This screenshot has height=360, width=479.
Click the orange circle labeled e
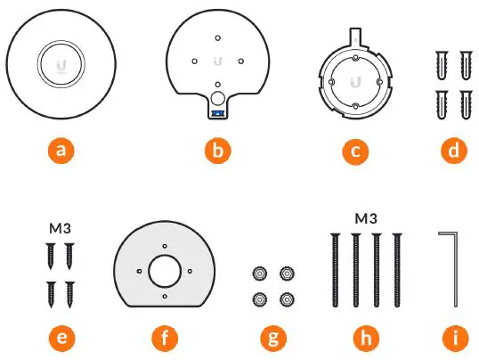point(61,339)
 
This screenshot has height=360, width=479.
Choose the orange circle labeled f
point(166,339)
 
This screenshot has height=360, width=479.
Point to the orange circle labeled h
point(366,339)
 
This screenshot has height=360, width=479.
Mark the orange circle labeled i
point(454,339)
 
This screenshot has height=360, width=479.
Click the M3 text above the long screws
point(366,217)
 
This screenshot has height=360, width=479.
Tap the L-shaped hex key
point(454,267)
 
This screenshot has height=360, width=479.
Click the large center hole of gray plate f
point(166,268)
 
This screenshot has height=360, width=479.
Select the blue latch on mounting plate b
point(217,113)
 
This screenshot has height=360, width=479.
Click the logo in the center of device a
point(61,64)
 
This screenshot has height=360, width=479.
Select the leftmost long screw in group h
point(334,267)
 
